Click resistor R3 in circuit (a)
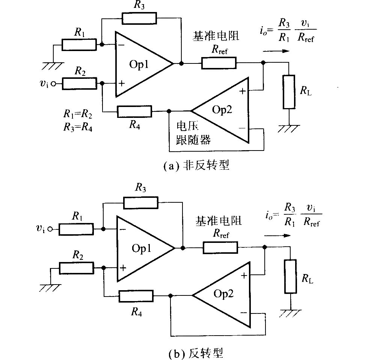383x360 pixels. click(x=139, y=18)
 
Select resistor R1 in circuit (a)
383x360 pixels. click(x=79, y=45)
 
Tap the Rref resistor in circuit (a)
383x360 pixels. click(x=219, y=63)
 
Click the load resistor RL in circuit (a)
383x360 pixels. click(x=288, y=92)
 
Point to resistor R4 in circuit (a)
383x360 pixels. click(x=134, y=111)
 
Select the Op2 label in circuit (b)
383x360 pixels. click(x=223, y=294)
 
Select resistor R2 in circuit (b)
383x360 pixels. click(x=77, y=268)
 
